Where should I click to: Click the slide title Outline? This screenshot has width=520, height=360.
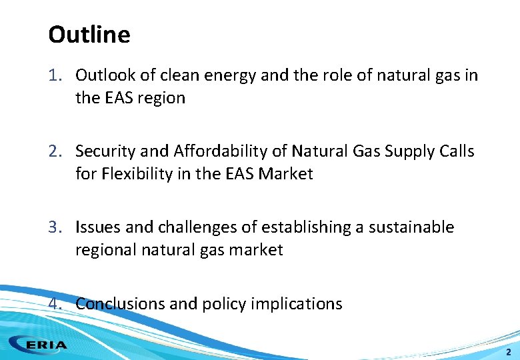click(x=89, y=34)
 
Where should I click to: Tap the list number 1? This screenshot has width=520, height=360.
click(x=55, y=75)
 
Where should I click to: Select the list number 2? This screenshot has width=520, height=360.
click(x=55, y=151)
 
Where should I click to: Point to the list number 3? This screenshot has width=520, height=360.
click(x=55, y=227)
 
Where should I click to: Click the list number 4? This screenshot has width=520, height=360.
click(x=55, y=304)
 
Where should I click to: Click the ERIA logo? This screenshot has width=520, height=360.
click(x=39, y=345)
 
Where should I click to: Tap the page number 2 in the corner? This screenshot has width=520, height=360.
click(x=508, y=351)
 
